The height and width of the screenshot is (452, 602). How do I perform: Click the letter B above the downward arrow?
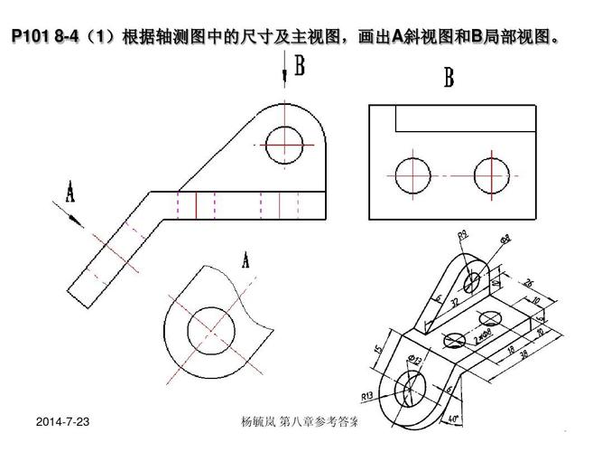coord(299,65)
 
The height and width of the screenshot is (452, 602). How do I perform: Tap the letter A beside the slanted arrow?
coord(69,191)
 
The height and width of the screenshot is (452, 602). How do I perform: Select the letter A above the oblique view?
coord(245,260)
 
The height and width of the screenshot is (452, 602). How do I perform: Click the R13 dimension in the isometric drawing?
coord(367,395)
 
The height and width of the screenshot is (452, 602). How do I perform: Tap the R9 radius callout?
coord(461,236)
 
